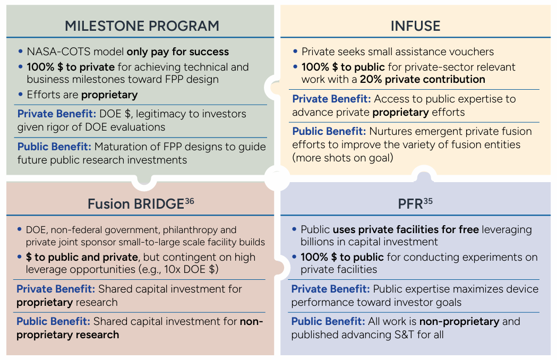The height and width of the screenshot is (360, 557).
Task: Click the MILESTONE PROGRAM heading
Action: [142, 26]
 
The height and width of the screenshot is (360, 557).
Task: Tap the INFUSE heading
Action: [415, 26]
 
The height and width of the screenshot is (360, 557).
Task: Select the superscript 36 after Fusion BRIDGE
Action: [190, 201]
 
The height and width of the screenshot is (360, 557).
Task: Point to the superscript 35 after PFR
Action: [428, 201]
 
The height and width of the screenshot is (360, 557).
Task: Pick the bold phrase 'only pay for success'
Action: [178, 52]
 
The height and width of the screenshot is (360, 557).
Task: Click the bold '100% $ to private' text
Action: [71, 67]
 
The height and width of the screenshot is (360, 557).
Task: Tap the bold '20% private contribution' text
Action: [422, 79]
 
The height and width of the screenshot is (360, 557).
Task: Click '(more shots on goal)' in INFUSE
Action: [342, 158]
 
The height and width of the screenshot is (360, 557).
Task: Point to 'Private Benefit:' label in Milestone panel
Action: [57, 114]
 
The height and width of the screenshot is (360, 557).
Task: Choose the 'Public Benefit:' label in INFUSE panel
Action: [329, 132]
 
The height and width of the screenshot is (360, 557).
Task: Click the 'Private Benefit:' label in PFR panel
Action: [330, 289]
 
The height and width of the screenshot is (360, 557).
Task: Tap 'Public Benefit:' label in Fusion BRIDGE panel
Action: [53, 321]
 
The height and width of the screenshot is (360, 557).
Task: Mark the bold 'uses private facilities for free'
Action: [406, 229]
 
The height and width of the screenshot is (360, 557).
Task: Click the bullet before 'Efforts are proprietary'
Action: [20, 94]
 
